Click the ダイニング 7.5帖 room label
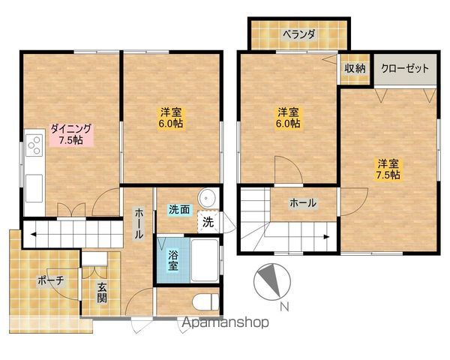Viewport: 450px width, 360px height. [71, 134]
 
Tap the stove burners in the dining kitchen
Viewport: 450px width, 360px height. [34, 145]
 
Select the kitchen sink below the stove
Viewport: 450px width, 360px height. [34, 188]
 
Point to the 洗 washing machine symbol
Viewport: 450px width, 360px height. [208, 222]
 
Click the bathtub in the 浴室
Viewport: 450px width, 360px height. [205, 260]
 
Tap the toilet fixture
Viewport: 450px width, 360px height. [206, 301]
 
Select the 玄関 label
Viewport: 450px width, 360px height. [101, 292]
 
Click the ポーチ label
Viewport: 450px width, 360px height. [50, 280]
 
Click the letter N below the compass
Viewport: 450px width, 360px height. [284, 307]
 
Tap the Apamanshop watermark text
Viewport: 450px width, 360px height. [225, 322]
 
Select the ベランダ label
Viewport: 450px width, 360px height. [299, 34]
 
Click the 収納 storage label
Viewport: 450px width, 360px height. [355, 68]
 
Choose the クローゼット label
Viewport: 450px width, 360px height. [405, 68]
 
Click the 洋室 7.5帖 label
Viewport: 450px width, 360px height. [388, 169]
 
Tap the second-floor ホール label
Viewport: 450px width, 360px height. [303, 203]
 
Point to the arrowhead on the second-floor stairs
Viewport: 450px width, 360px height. [326, 237]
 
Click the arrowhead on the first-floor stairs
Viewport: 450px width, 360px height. [33, 235]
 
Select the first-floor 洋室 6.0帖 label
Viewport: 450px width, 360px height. [171, 118]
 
